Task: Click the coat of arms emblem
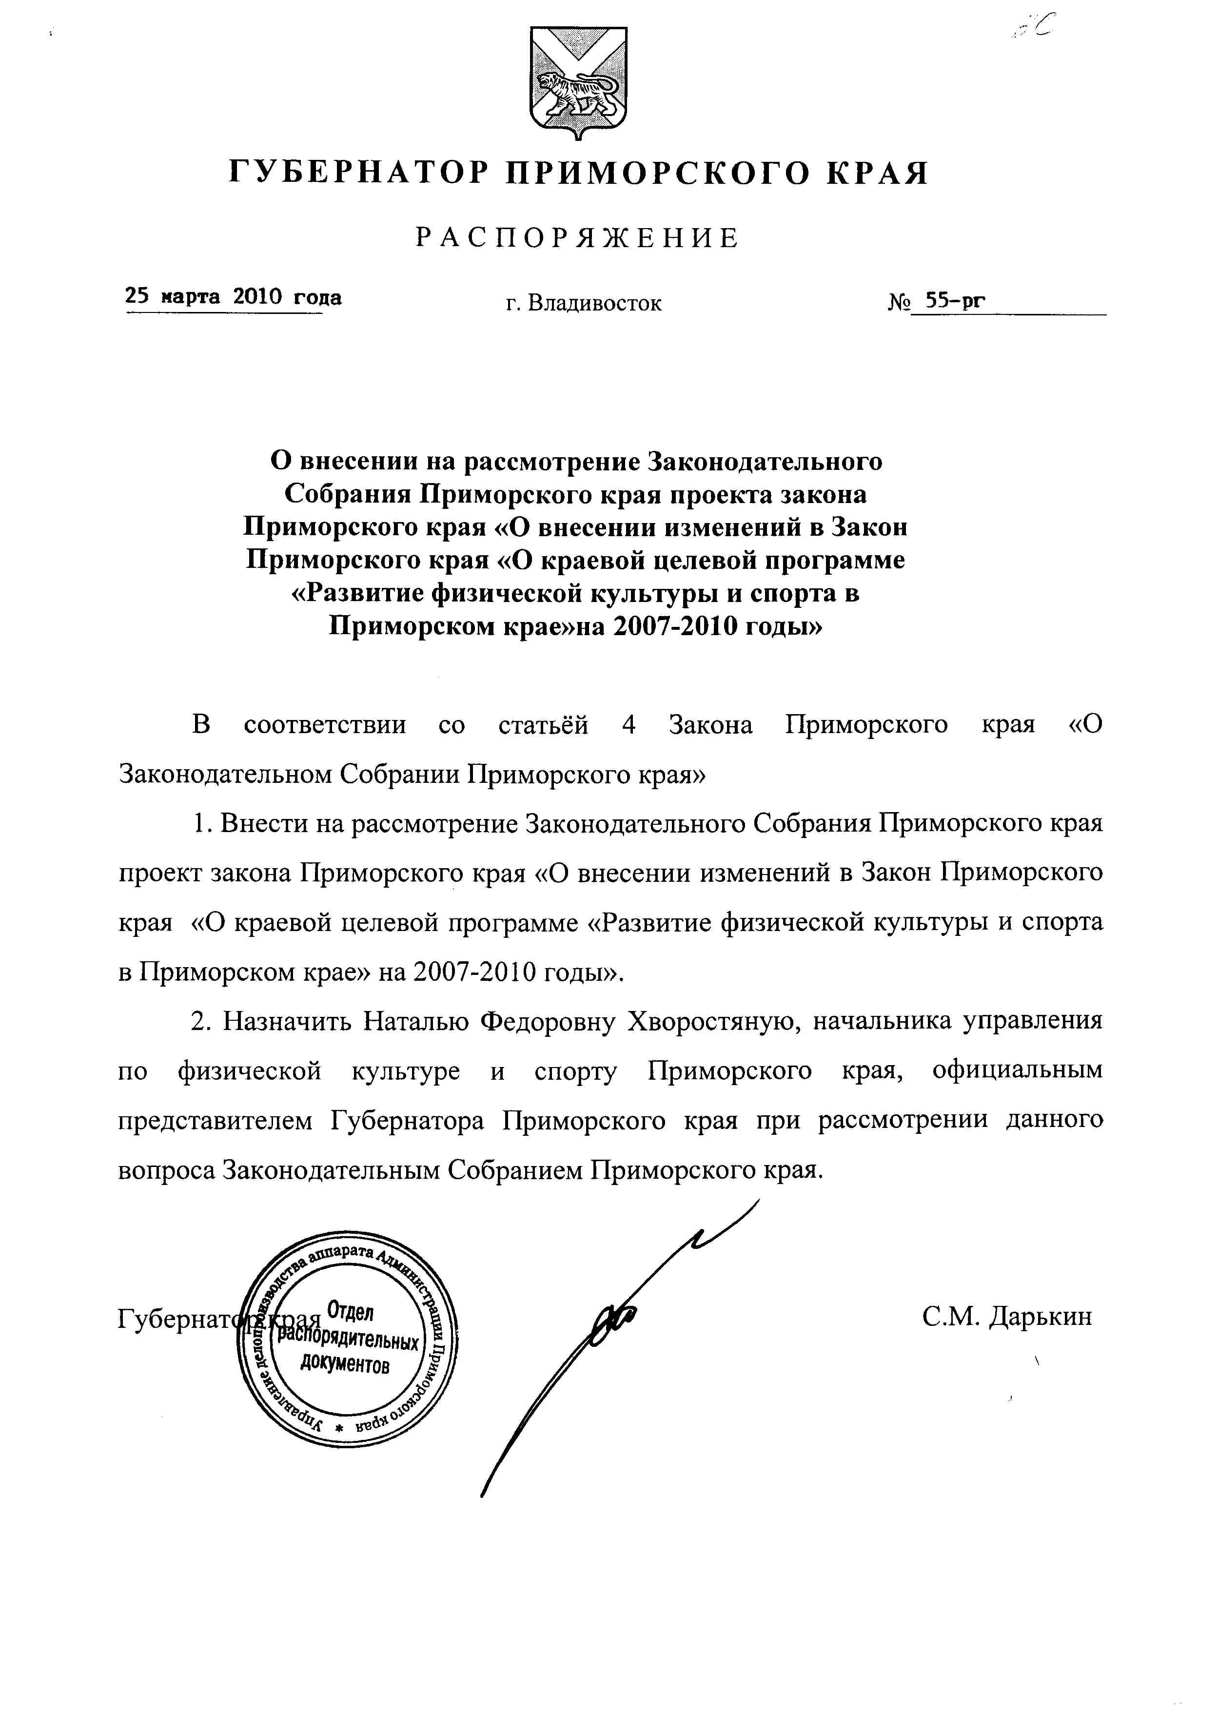578,82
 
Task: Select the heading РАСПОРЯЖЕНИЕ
577,238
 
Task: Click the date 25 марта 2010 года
233,297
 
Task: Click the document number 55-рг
955,301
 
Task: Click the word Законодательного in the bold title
765,460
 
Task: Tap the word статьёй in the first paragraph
543,725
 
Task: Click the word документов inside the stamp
345,1363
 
